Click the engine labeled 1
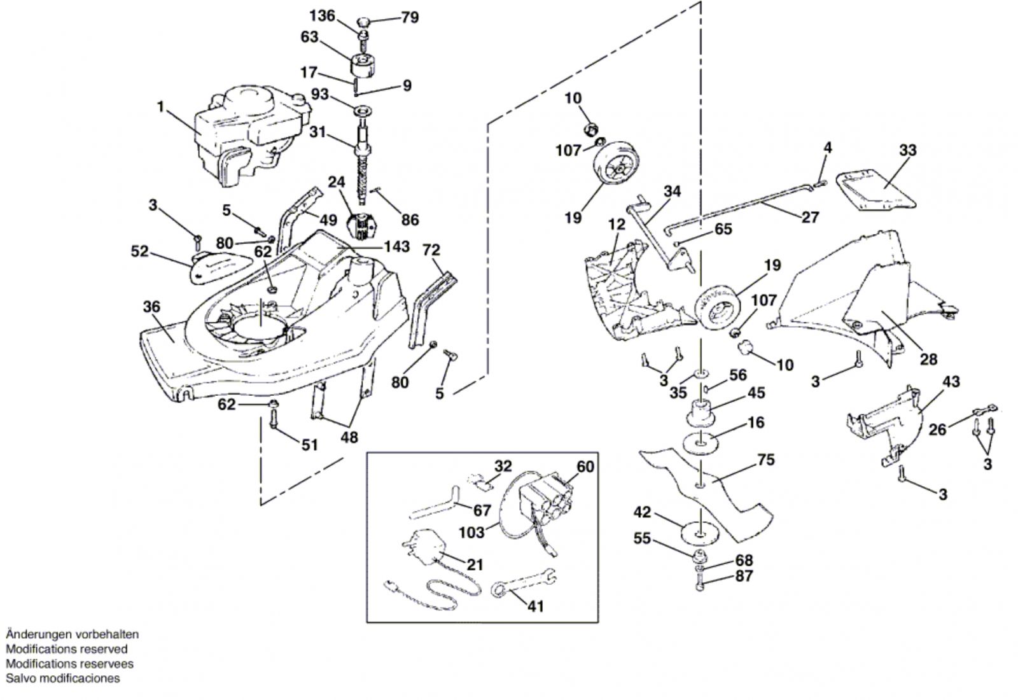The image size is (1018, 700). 252,136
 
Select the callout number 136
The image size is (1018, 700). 322,16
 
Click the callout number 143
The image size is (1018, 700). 397,246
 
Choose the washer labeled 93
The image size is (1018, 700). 363,111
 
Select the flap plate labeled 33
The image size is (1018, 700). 874,190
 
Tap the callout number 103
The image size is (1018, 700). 471,532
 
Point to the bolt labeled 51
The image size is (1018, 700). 273,417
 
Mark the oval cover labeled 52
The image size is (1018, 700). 220,267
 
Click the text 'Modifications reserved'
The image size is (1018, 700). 66,648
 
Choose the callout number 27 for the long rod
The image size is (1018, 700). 811,217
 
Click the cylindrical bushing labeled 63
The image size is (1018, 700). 363,67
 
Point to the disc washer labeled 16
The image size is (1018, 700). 701,442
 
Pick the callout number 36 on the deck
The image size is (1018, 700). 151,307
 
